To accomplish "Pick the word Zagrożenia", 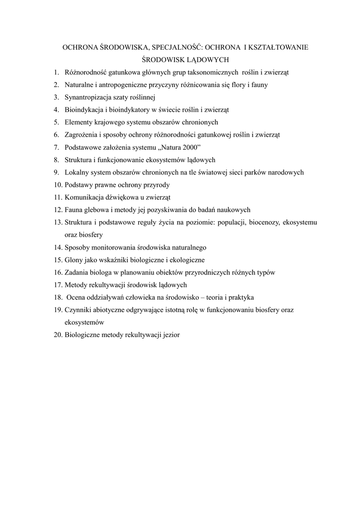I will pos(81,135).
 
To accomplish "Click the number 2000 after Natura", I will pos(188,147).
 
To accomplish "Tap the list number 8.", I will pos(57,160).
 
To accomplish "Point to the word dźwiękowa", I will pos(122,197).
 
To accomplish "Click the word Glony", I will pos(74,260).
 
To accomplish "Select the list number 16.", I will pos(57,272).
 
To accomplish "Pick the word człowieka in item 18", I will pos(142,297).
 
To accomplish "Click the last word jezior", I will pos(170,335).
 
